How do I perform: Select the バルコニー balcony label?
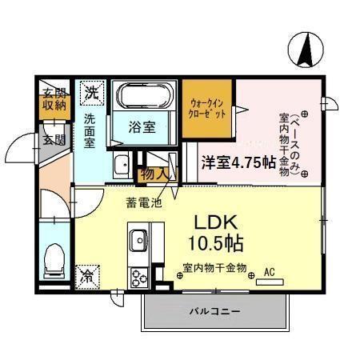(x=212, y=311)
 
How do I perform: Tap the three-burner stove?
(x=138, y=277)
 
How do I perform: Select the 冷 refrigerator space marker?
(x=86, y=276)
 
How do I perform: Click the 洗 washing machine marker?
(x=94, y=93)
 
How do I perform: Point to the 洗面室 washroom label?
(x=89, y=130)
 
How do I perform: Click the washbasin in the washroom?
(x=122, y=166)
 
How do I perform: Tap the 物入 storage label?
(x=154, y=173)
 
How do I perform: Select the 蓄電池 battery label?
(x=144, y=202)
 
